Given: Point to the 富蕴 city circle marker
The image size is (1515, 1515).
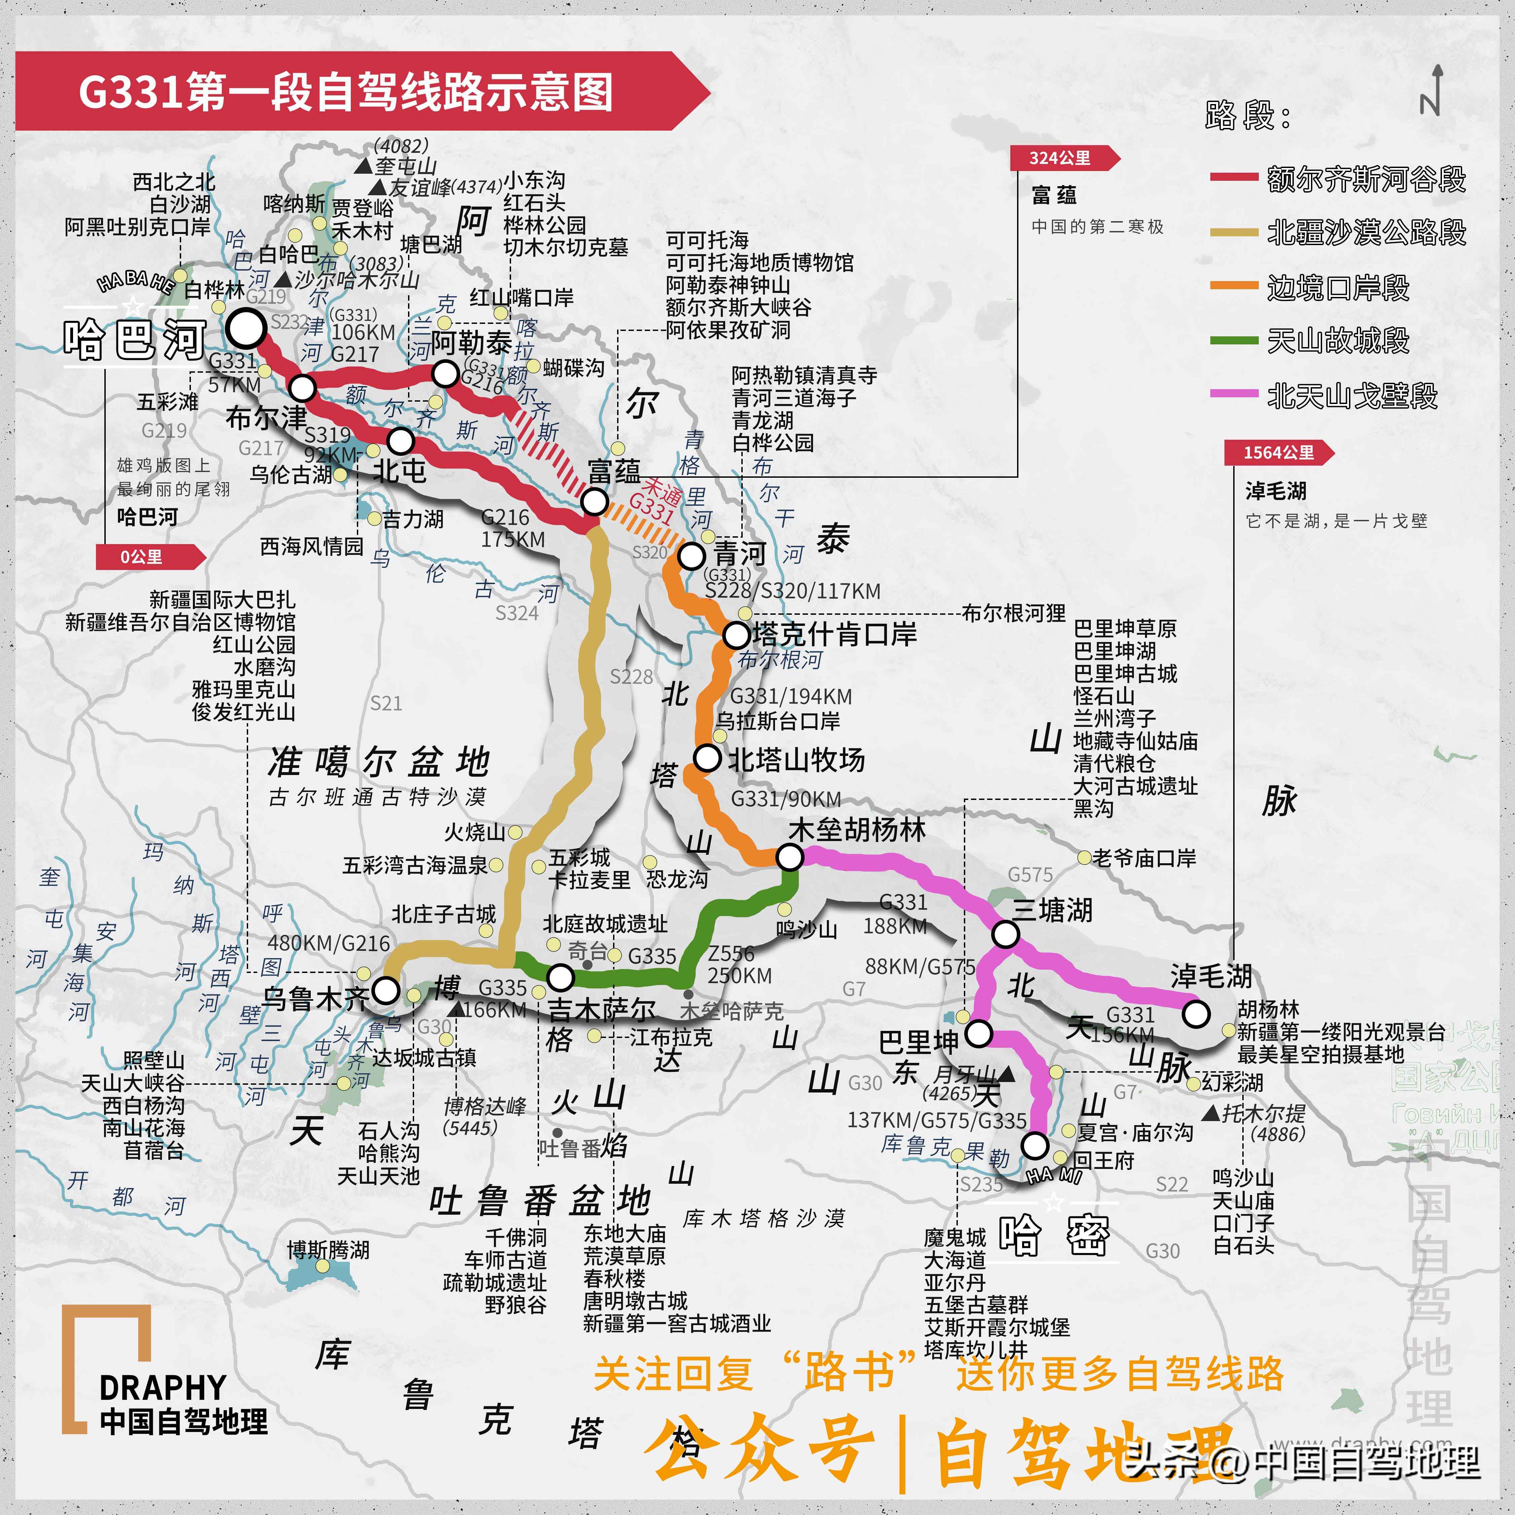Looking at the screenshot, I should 595,501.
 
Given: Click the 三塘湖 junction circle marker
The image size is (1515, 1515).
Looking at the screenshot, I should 1005,934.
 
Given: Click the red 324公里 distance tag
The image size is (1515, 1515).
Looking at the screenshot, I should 1060,158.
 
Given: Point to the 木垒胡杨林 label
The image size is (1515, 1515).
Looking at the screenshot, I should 857,830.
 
